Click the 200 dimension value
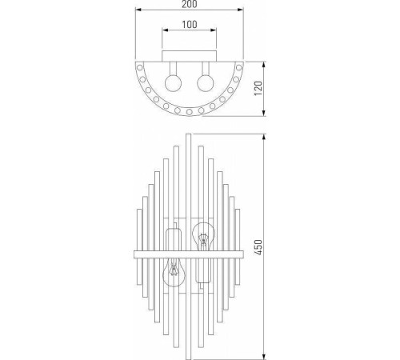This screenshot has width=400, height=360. pos(190,4)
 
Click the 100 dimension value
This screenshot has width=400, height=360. pos(190,25)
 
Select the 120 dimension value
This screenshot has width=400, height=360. pos(258,89)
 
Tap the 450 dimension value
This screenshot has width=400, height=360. pos(258,247)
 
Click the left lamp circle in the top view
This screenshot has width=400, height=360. pos(174,83)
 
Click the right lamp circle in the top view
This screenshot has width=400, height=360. pos(206,83)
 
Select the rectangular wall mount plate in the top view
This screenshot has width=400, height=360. pos(190,56)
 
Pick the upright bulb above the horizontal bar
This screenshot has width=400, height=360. pos(204,237)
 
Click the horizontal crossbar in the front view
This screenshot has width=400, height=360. pos(189,254)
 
